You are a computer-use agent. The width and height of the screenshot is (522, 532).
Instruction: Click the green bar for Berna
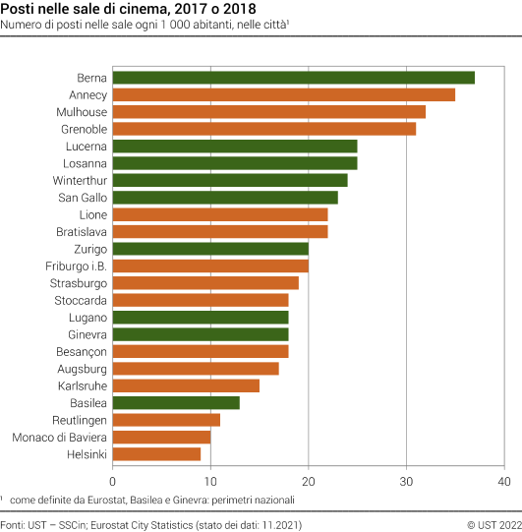(x=293, y=78)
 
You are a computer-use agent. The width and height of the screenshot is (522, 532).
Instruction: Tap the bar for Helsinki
(x=156, y=454)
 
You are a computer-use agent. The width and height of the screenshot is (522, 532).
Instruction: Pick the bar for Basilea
(x=176, y=402)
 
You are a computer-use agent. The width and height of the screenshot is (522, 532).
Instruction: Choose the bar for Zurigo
(x=210, y=249)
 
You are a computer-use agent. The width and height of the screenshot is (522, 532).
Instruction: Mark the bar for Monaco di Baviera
(x=161, y=437)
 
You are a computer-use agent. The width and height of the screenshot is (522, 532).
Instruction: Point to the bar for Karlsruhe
(x=186, y=385)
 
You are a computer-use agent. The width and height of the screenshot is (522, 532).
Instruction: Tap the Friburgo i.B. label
(x=77, y=266)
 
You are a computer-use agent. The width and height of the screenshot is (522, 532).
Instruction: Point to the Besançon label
(x=81, y=351)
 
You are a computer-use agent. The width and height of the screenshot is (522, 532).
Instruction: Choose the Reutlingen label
(x=81, y=420)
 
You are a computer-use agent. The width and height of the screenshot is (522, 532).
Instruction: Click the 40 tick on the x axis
(x=503, y=481)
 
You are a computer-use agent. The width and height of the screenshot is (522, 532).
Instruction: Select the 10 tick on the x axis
(x=210, y=481)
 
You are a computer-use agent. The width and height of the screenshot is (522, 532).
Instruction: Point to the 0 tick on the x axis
(x=113, y=481)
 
